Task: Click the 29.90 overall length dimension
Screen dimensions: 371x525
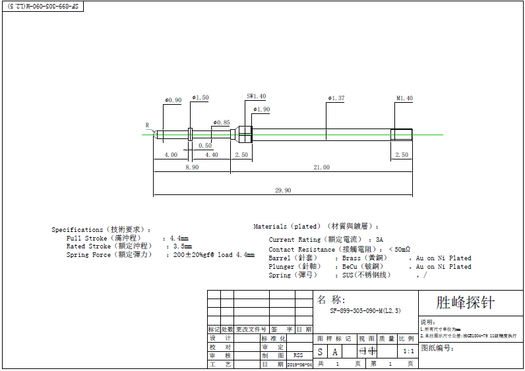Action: tap(282, 190)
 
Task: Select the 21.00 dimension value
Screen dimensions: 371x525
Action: tap(321, 167)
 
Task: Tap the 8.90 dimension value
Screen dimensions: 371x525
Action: tap(191, 167)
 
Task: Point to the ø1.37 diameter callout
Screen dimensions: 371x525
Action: tap(336, 98)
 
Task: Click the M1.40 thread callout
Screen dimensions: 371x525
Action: tap(404, 98)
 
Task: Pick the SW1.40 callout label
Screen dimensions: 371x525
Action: tap(256, 96)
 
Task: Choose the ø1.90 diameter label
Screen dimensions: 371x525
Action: tap(261, 109)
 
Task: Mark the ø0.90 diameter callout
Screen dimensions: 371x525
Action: tap(173, 100)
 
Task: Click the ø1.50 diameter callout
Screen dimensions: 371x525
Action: tap(201, 98)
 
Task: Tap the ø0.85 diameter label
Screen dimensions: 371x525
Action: tap(222, 123)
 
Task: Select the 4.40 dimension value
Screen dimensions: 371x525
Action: tap(211, 155)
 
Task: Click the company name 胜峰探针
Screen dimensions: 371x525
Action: tap(465, 303)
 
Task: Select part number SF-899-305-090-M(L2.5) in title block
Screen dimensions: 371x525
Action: tap(365, 310)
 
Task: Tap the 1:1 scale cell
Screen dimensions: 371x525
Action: tap(408, 352)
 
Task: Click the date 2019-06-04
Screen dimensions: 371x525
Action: tap(299, 364)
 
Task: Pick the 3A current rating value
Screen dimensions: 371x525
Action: tap(379, 240)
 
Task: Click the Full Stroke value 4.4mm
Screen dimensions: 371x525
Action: tap(179, 238)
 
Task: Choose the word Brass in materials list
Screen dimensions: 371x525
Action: tap(352, 258)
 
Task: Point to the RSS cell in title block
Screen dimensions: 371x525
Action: tap(298, 355)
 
